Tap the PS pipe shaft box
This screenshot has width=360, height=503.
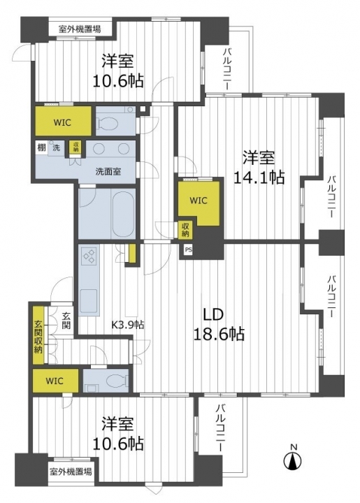coord(188,250)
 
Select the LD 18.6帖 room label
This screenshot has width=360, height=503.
coord(218,325)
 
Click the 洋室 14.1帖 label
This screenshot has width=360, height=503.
coord(259,167)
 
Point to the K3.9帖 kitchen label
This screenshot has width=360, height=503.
coord(127,325)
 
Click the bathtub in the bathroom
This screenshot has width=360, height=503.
coord(123,213)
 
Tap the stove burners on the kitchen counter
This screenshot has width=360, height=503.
coord(89,256)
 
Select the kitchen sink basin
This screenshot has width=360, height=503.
coord(89,301)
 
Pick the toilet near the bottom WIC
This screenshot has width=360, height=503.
coord(115,381)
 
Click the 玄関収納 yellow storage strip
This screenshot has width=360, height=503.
coord(38,335)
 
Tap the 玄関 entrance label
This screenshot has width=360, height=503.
coord(66,320)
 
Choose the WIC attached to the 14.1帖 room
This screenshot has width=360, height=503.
coord(199,201)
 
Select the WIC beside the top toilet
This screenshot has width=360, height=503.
coord(63,122)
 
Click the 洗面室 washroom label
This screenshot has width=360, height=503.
coord(108,171)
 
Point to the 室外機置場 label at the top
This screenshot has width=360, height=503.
coord(80,29)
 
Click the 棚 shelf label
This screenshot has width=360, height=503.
coord(41,148)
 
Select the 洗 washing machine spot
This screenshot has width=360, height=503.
coord(56,148)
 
